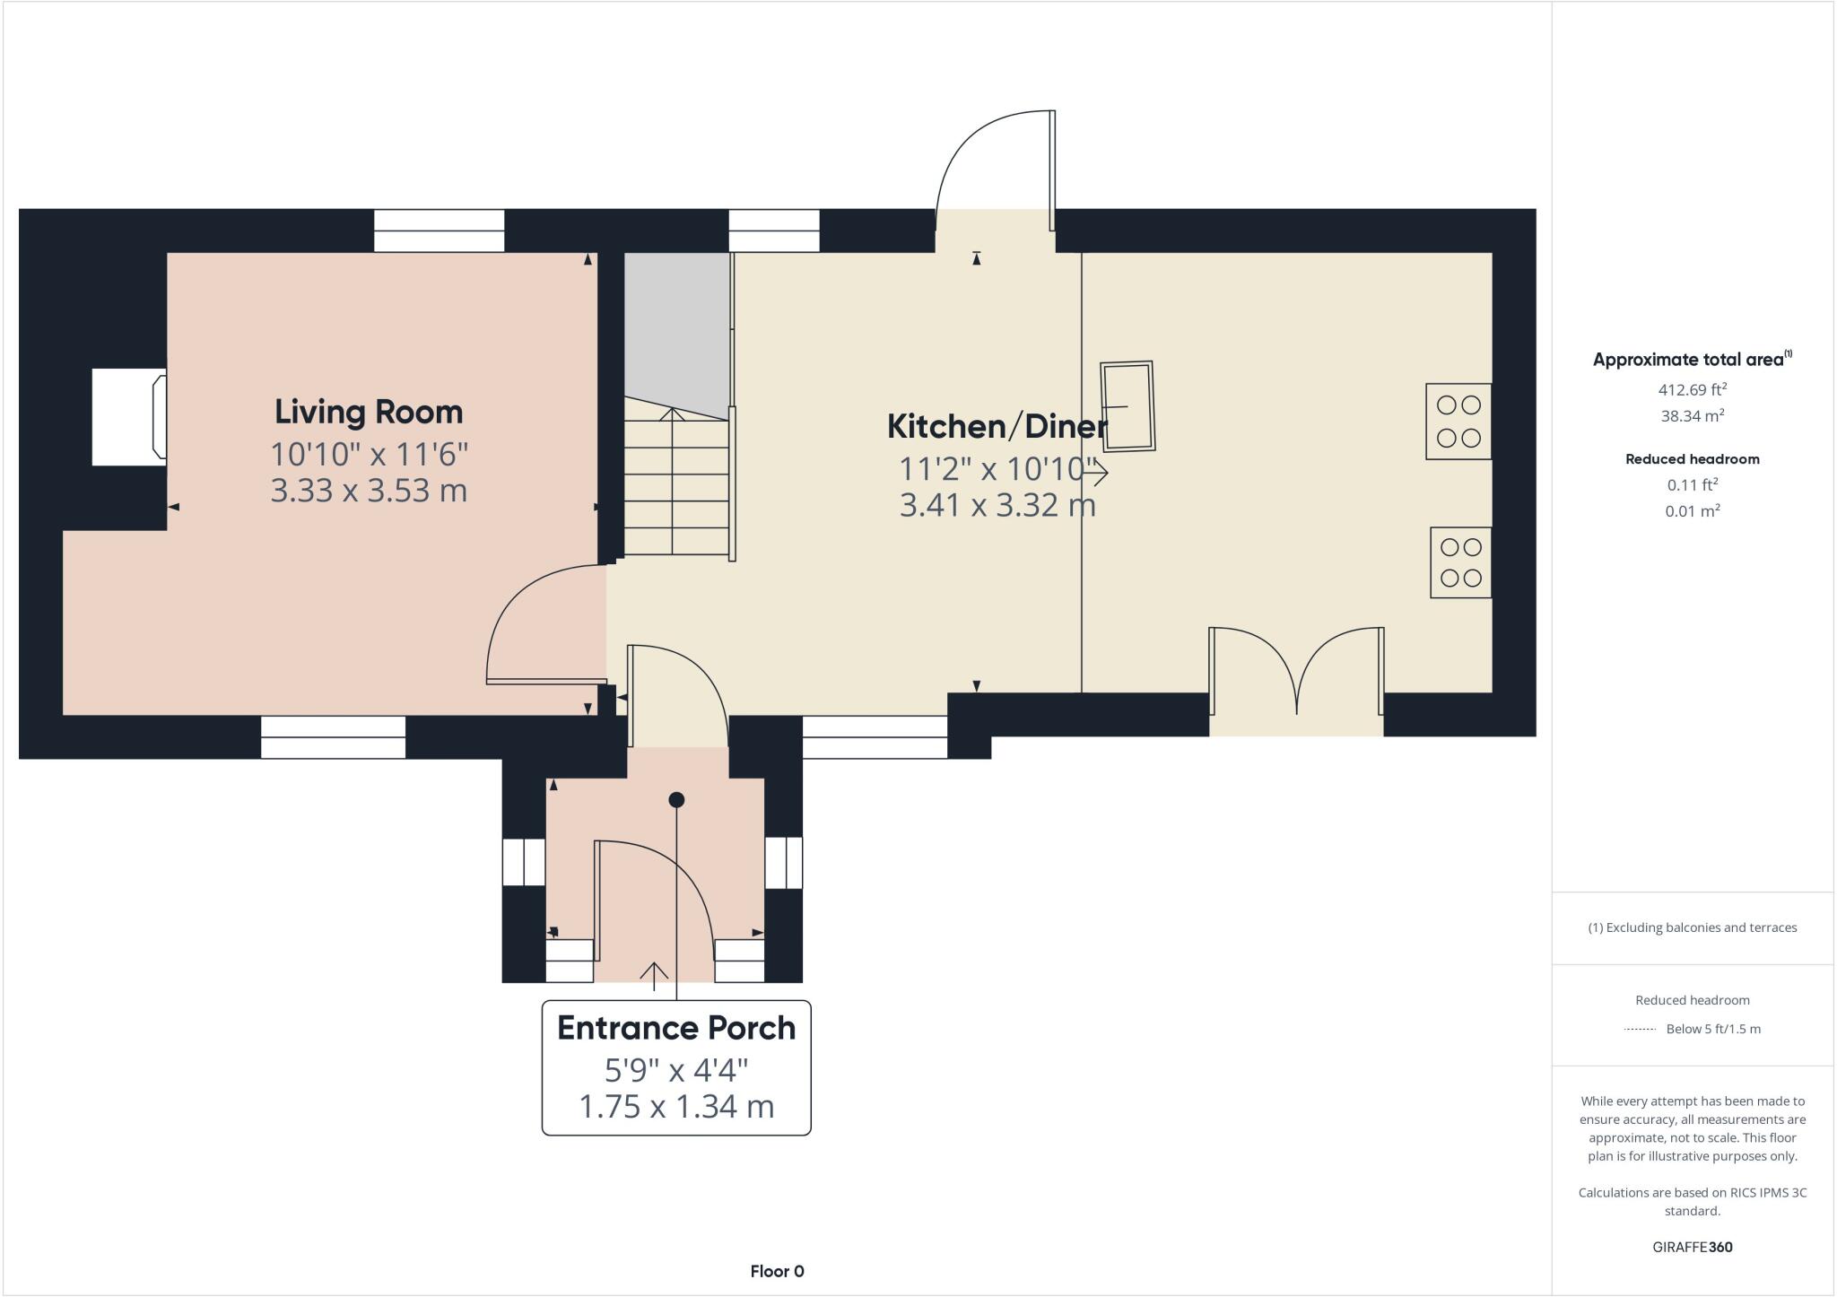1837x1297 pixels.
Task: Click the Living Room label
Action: [x=369, y=412]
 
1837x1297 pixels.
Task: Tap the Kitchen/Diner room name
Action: [x=997, y=426]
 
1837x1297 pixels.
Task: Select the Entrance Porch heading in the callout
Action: [x=676, y=1028]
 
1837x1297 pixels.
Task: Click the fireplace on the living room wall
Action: [x=129, y=417]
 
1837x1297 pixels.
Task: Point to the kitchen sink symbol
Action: [x=1127, y=406]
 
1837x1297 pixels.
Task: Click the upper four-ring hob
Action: [x=1458, y=422]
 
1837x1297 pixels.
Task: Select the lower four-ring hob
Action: [x=1460, y=562]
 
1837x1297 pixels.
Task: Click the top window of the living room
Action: [x=439, y=231]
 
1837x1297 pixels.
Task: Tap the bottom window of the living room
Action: [x=333, y=736]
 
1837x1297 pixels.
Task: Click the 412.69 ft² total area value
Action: [x=1692, y=390]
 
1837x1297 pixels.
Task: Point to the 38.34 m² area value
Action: [x=1692, y=416]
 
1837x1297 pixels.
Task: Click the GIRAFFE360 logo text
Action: [x=1692, y=1247]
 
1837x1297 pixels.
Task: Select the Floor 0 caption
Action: [x=777, y=1271]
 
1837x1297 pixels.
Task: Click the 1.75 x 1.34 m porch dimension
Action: [x=676, y=1107]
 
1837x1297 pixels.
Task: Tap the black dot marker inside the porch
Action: [x=676, y=799]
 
